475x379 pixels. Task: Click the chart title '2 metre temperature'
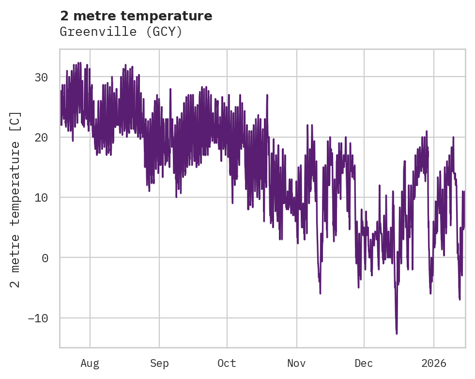tap(136, 16)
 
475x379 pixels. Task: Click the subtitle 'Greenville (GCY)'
tap(121, 32)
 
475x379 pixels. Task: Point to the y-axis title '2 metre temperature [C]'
tap(16, 199)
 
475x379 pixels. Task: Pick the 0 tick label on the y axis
tap(45, 258)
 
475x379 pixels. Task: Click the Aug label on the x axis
tap(90, 363)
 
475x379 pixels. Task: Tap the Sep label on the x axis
tap(159, 363)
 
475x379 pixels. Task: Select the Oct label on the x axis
tap(227, 363)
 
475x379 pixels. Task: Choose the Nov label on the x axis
tap(296, 363)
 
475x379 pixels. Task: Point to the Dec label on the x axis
tap(364, 363)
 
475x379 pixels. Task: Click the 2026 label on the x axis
tap(433, 363)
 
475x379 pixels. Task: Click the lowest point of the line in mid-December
tap(397, 333)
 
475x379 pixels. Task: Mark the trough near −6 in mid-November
tap(320, 293)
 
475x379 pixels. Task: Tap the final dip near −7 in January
tap(460, 299)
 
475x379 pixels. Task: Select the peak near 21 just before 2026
tap(427, 131)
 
